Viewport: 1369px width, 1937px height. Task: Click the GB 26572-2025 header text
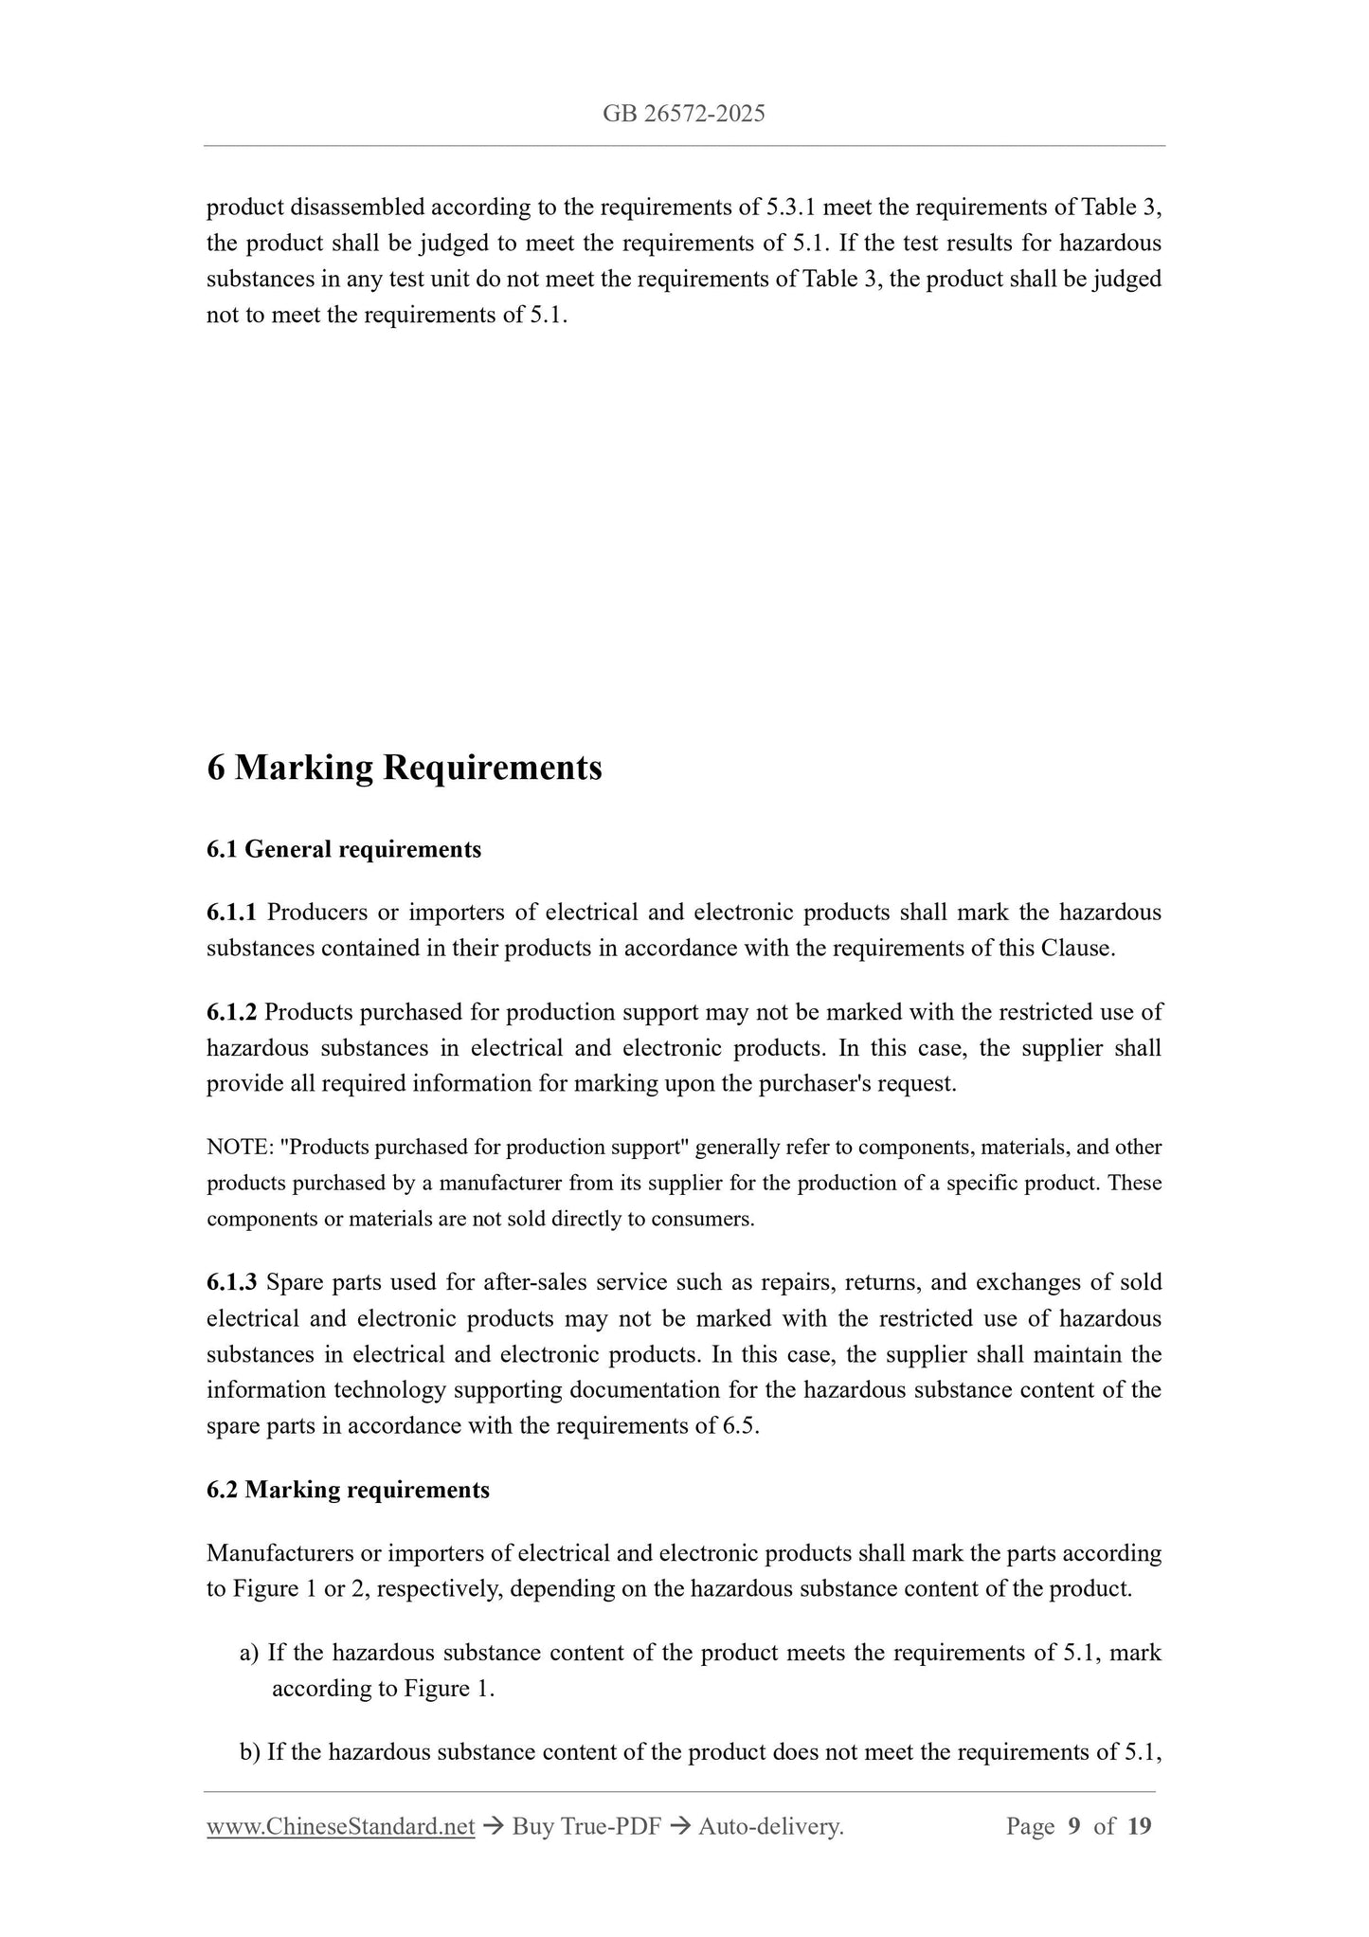click(683, 115)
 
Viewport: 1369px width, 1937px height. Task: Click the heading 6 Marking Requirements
click(405, 767)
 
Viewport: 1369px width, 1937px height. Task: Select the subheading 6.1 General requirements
click(344, 849)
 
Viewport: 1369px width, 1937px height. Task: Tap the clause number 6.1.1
click(231, 913)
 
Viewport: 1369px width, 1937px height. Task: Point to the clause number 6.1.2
click(231, 1012)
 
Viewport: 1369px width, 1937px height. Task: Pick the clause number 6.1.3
click(231, 1282)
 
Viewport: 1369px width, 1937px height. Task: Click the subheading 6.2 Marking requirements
click(348, 1490)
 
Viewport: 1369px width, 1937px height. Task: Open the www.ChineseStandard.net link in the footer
click(340, 1826)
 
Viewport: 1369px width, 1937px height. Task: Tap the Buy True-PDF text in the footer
click(585, 1826)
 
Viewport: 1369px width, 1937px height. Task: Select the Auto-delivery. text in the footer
click(770, 1826)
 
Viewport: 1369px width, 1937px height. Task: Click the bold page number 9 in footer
click(1074, 1826)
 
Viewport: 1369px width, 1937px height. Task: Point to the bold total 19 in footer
click(1140, 1826)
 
